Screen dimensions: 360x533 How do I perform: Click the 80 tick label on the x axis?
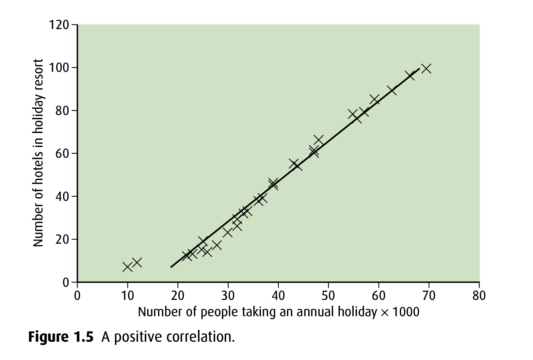479,296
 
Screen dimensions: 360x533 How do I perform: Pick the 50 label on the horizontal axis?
328,296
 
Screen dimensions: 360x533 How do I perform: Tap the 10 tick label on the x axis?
127,296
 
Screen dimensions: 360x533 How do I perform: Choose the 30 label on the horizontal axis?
228,296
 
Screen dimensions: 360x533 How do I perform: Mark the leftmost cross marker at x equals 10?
127,267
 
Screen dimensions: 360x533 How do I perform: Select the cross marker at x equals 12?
137,262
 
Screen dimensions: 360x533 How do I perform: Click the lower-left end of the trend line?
171,267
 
